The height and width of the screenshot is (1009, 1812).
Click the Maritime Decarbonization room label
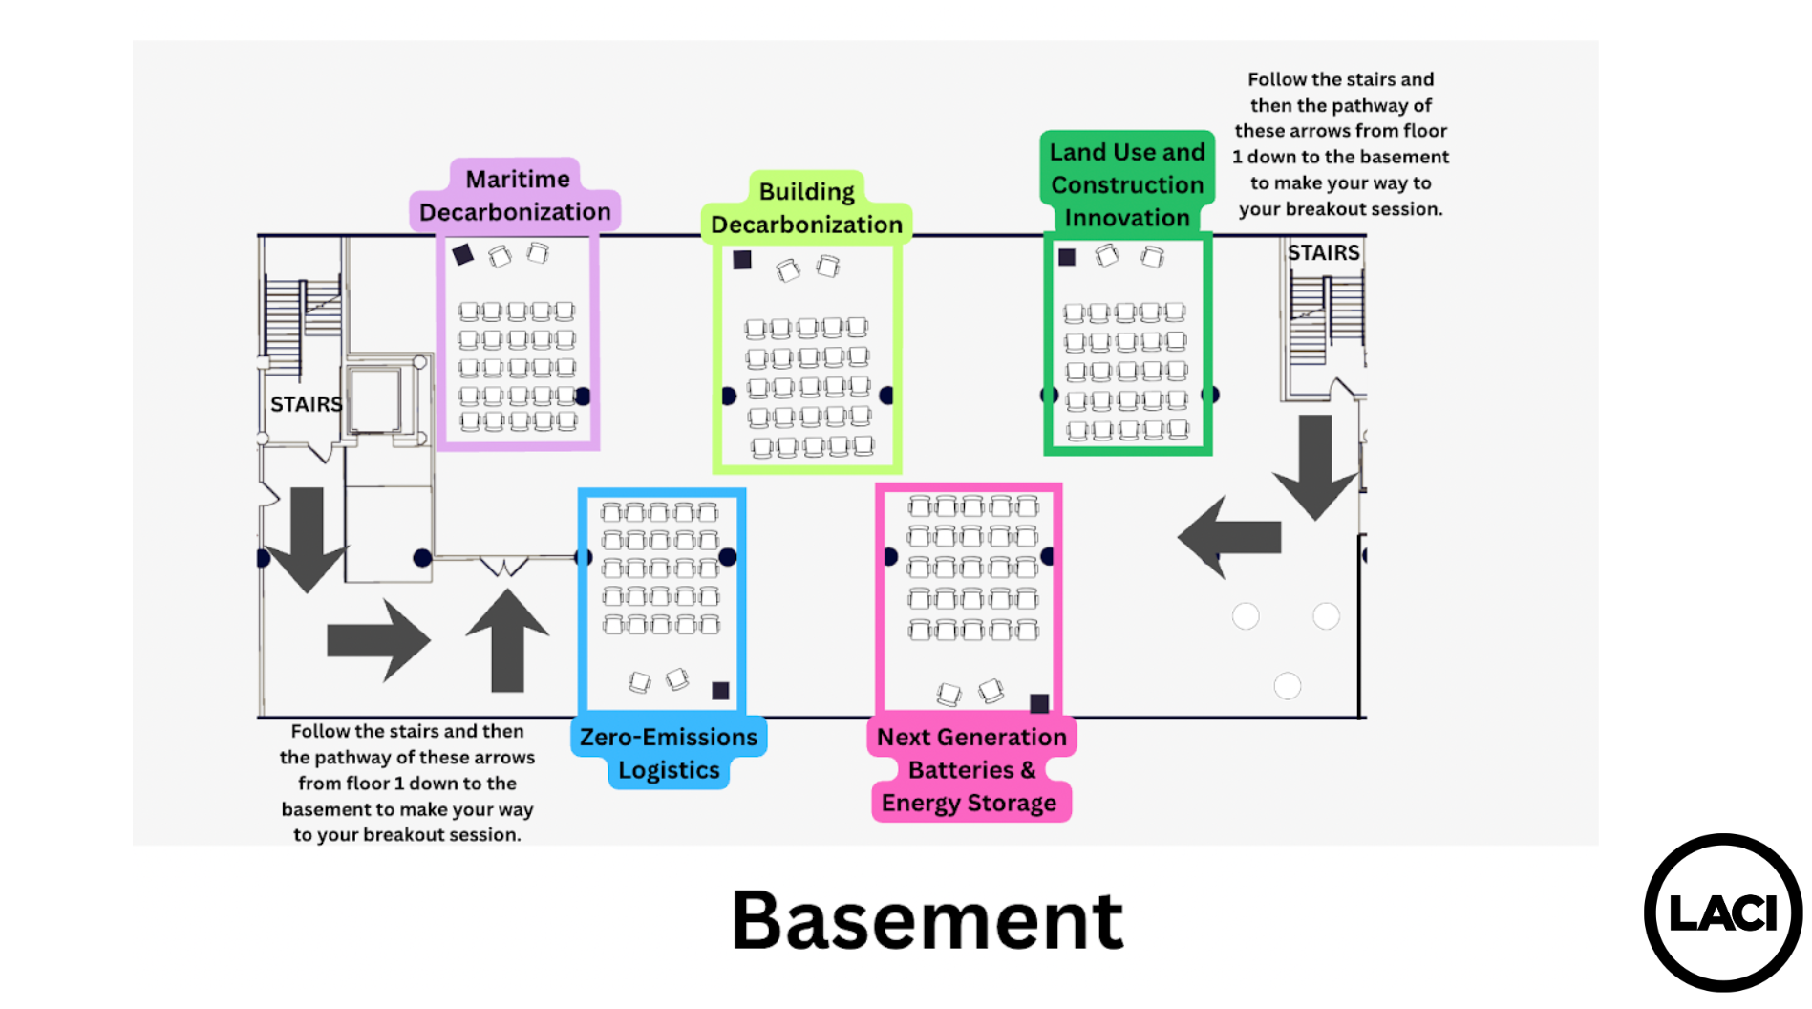point(516,195)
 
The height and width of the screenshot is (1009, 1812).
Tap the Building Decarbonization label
point(806,207)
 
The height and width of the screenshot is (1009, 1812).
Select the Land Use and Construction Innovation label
point(1127,184)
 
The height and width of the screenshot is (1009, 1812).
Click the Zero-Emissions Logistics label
point(669,753)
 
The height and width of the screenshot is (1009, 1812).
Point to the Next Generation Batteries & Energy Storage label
point(970,769)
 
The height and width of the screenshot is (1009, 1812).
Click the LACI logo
point(1723,912)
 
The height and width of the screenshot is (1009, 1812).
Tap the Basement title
point(927,920)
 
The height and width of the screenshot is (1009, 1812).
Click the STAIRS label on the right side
point(1323,252)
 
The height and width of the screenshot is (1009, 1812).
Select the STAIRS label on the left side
point(306,404)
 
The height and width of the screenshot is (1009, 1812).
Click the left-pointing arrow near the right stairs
point(1229,536)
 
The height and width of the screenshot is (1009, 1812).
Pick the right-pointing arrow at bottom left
point(378,640)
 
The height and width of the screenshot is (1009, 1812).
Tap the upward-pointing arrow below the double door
point(507,640)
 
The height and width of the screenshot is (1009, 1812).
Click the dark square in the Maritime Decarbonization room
point(463,254)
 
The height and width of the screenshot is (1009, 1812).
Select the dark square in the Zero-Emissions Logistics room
point(720,691)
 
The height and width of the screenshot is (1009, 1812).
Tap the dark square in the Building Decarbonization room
point(742,260)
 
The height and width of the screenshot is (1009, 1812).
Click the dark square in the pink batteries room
point(1039,703)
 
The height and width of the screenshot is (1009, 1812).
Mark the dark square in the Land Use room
point(1067,257)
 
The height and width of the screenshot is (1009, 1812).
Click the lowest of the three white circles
point(1288,686)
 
